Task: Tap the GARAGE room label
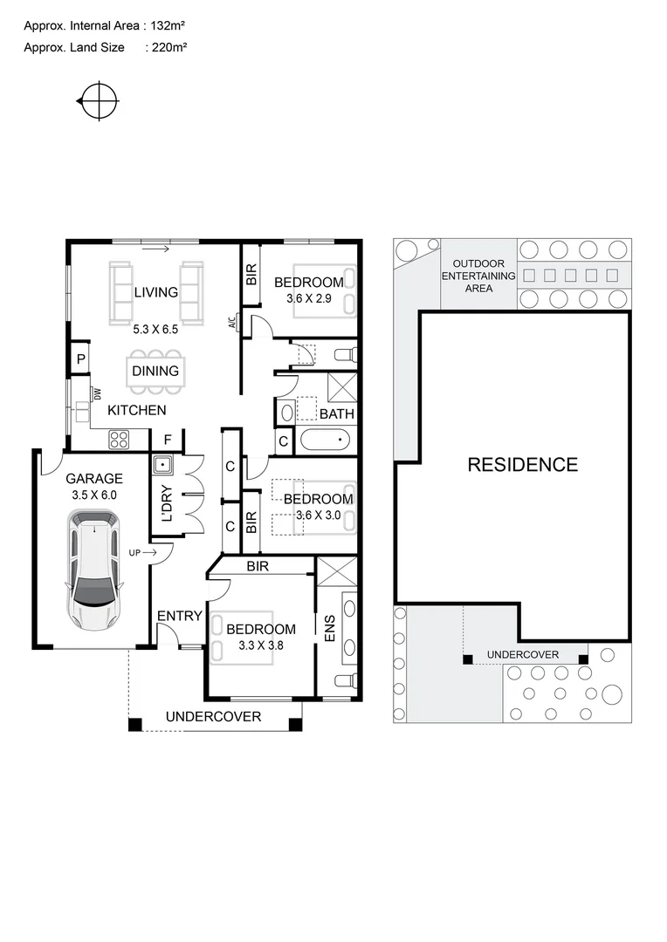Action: (x=94, y=478)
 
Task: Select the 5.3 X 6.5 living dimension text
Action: (x=155, y=330)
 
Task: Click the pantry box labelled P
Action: (x=80, y=358)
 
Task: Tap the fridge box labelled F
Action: (x=167, y=440)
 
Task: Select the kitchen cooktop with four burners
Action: (x=118, y=440)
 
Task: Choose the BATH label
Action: (x=336, y=413)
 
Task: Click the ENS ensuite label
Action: (x=329, y=631)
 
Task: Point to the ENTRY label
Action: (x=179, y=617)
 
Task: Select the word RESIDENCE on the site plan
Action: (x=522, y=464)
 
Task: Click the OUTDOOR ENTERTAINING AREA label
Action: (x=478, y=276)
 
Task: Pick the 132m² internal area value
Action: (x=167, y=27)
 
